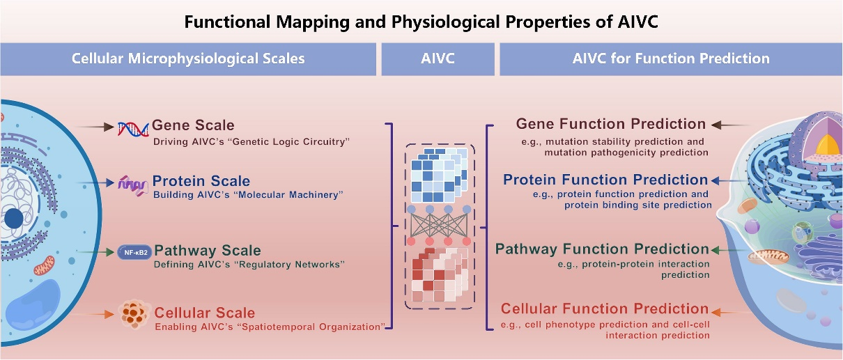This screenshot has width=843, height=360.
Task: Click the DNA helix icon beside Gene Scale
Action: (x=133, y=129)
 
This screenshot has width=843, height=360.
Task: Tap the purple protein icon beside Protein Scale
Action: (x=132, y=186)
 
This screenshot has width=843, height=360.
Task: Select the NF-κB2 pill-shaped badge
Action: (x=134, y=252)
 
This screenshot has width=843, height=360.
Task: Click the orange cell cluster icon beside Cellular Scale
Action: (x=132, y=314)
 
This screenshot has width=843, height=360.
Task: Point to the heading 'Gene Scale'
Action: (x=193, y=125)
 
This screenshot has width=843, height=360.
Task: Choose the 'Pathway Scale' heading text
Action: (x=208, y=251)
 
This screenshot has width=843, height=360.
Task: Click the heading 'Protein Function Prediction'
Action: (x=605, y=180)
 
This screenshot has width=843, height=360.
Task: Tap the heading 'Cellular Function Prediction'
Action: (x=605, y=309)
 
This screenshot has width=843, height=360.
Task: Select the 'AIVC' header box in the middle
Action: (x=438, y=59)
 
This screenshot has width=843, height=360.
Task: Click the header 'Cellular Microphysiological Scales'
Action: (x=188, y=58)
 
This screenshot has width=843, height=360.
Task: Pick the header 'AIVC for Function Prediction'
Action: (x=671, y=58)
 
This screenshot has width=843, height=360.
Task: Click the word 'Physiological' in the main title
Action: (x=446, y=22)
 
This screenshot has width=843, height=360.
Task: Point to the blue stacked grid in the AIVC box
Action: (x=439, y=175)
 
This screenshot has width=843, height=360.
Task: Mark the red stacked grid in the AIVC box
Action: (x=440, y=275)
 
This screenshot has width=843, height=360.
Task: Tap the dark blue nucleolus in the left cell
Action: (x=14, y=219)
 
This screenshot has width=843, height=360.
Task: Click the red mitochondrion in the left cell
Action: (x=44, y=265)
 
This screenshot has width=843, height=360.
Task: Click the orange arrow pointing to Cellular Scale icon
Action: (x=91, y=314)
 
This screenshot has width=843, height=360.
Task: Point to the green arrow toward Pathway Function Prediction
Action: (x=729, y=250)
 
